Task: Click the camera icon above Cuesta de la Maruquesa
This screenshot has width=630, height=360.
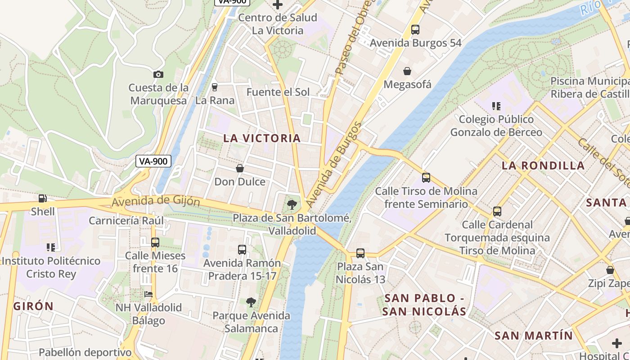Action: point(158,74)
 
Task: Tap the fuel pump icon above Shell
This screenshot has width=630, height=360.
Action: point(43,198)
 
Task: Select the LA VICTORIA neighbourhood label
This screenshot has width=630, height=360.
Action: point(262,138)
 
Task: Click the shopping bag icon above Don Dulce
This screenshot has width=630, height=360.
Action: point(240,168)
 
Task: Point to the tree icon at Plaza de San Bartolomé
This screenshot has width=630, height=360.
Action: point(292,205)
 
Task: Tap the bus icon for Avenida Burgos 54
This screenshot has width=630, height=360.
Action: point(415,30)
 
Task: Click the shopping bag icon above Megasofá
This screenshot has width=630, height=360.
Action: point(407,71)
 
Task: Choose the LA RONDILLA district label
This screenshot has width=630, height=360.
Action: point(543,165)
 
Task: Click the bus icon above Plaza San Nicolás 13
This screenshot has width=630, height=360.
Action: point(360,253)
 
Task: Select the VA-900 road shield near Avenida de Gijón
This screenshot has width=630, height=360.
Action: point(153,161)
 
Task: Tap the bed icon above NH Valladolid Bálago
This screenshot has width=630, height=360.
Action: point(148,294)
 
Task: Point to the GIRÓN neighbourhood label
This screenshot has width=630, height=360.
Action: point(34,306)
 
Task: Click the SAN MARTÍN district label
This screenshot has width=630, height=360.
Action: point(534,335)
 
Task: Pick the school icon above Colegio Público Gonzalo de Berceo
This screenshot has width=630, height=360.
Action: point(496,106)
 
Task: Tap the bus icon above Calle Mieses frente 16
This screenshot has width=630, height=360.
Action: point(155,243)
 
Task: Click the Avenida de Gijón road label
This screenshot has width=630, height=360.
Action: point(156,201)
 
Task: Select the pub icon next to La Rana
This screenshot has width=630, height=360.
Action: point(215,87)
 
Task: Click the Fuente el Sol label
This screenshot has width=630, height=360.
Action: point(278,92)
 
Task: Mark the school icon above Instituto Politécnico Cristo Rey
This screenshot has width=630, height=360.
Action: point(51,247)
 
